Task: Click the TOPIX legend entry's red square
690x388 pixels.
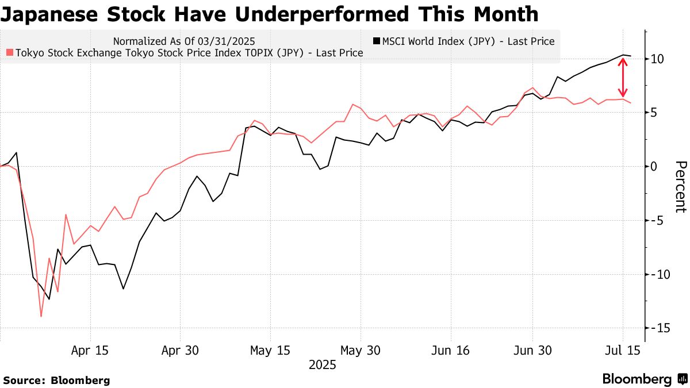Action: [x=9, y=53]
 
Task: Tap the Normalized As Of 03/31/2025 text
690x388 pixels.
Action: [x=184, y=41]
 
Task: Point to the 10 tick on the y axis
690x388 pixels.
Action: [x=658, y=59]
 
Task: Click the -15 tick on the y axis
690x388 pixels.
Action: [x=658, y=328]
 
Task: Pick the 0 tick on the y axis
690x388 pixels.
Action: [x=655, y=166]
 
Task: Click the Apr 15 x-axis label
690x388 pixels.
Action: [x=90, y=350]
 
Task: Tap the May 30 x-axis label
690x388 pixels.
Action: [x=361, y=350]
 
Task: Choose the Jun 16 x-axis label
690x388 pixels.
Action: [x=450, y=350]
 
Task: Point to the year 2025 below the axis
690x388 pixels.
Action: [x=323, y=364]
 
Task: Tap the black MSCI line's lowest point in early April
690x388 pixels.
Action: [x=49, y=299]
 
